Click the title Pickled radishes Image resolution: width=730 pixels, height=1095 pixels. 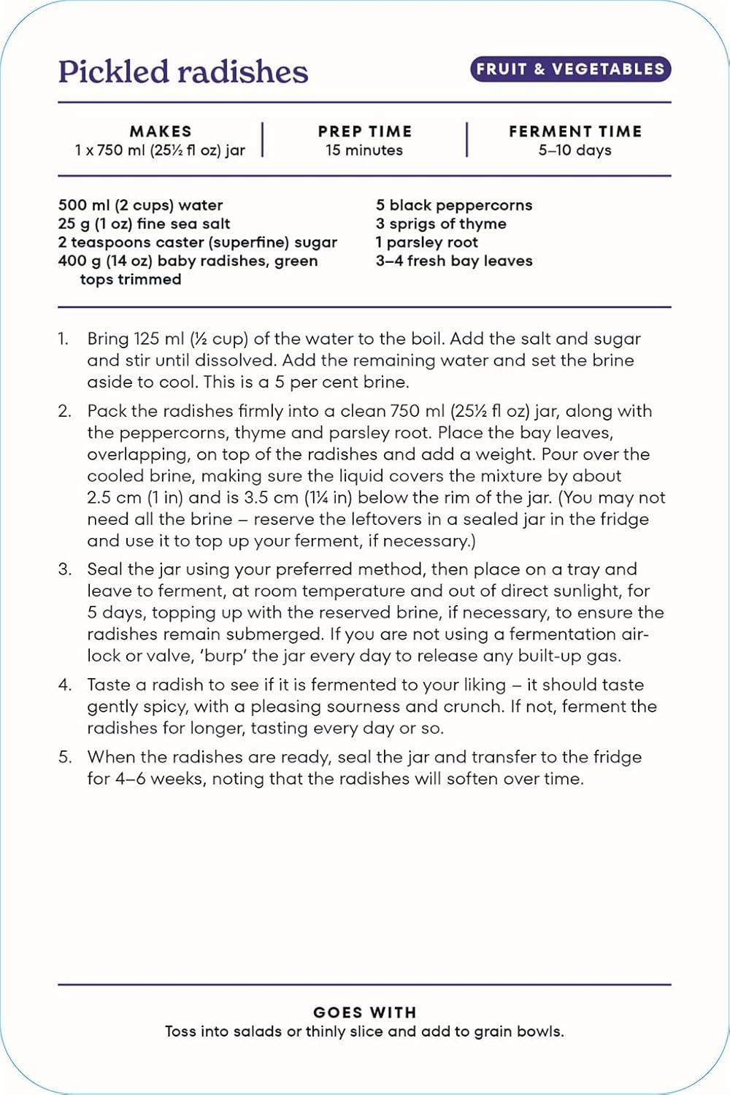click(x=182, y=72)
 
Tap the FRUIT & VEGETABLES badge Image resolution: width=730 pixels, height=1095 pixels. click(x=570, y=69)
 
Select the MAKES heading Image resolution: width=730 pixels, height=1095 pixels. click(x=161, y=131)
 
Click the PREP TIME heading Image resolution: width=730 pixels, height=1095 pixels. click(x=364, y=131)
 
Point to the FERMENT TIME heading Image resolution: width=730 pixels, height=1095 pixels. click(x=575, y=131)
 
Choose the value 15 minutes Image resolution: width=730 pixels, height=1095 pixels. click(x=364, y=150)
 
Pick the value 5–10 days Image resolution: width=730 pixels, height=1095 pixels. click(x=575, y=150)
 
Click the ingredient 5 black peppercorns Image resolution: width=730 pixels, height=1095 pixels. click(x=454, y=205)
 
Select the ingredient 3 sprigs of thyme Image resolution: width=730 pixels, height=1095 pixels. click(x=441, y=224)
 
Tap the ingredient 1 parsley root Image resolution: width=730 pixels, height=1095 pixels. click(x=427, y=242)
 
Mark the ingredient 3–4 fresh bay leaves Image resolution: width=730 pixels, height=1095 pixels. click(x=454, y=261)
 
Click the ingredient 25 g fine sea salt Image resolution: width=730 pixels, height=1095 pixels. click(x=144, y=224)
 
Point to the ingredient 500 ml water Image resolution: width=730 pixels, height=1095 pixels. click(x=140, y=205)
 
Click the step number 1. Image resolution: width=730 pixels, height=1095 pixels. click(x=64, y=339)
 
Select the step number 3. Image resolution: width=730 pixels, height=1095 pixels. click(x=64, y=569)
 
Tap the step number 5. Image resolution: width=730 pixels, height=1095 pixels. click(x=64, y=757)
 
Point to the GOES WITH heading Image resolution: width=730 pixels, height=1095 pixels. click(x=364, y=1013)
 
